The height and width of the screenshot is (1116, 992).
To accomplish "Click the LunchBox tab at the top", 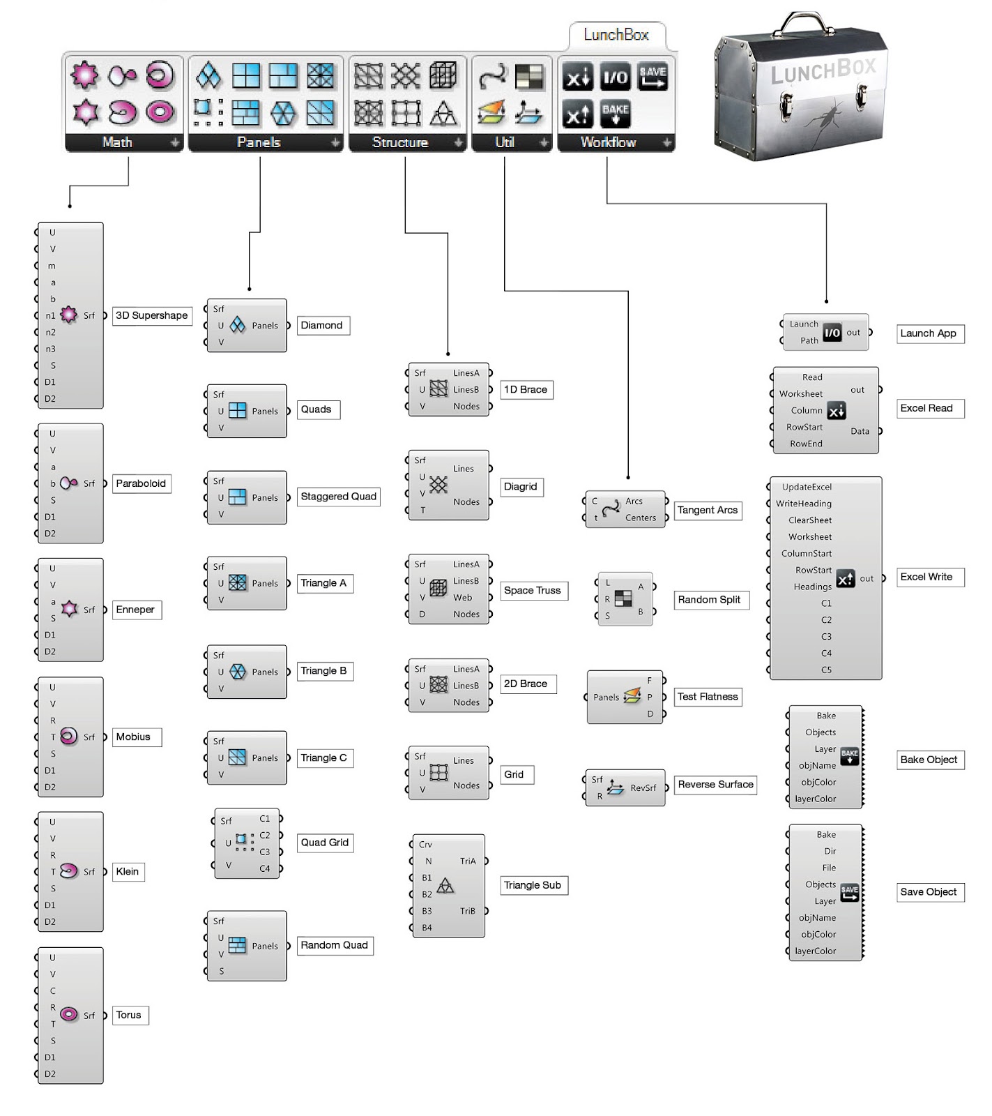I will click(616, 35).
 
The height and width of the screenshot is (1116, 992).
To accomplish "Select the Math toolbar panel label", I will click(117, 142).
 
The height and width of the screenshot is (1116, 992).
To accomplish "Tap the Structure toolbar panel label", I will click(400, 142).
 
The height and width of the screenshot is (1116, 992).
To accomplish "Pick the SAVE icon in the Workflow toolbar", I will click(653, 77).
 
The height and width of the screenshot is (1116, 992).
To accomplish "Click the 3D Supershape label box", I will click(152, 316).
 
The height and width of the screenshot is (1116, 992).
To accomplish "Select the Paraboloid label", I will click(141, 484).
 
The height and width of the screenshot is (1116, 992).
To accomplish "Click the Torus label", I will click(129, 1016).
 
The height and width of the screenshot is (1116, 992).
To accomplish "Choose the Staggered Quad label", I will click(339, 497).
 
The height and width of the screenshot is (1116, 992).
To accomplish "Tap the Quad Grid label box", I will click(325, 843).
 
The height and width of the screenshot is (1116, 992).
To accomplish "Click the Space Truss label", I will click(533, 591).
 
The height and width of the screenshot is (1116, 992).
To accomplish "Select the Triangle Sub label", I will click(533, 886).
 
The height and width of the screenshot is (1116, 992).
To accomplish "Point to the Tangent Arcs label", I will click(708, 511).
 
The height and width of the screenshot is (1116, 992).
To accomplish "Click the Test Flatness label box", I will click(708, 697).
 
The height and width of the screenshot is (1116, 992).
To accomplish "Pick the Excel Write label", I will click(926, 577).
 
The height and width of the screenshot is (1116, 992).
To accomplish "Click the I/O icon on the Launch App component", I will click(832, 333).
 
